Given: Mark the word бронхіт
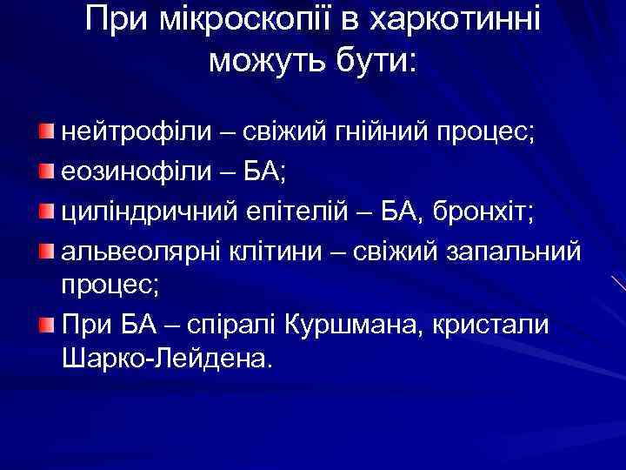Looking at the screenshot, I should pos(477,211).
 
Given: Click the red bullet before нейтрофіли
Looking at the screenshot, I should pos(45,131).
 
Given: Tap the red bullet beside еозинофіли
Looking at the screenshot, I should pos(45,170).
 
